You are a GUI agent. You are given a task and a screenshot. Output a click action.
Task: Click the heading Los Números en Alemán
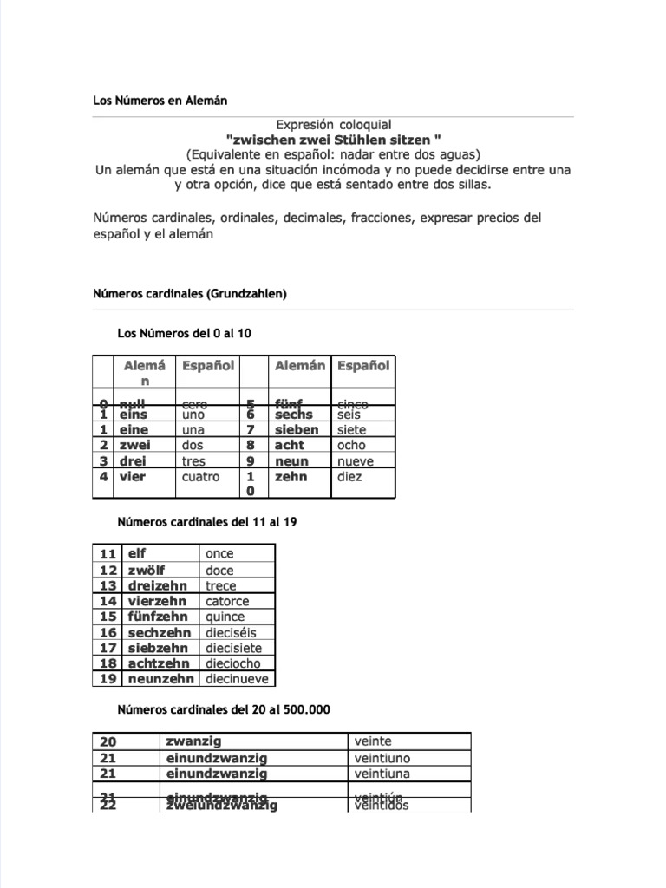tap(160, 101)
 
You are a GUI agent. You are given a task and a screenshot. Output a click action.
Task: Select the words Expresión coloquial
tap(333, 126)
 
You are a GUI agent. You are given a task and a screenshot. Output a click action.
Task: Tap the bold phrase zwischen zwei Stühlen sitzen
tap(333, 140)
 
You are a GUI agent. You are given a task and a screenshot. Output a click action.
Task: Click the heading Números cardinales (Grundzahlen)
tap(190, 294)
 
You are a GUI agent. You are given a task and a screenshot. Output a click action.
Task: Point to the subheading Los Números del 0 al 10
tap(185, 333)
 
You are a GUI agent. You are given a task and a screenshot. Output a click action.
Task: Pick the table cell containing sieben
tap(297, 430)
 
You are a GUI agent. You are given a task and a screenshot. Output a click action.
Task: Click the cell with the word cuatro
tap(201, 477)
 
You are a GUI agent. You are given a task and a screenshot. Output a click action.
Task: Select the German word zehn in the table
tap(291, 477)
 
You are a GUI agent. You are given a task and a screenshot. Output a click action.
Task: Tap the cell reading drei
tap(134, 461)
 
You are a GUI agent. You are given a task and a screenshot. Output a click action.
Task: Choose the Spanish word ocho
tap(351, 446)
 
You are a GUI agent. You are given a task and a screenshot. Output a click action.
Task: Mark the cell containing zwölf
tap(147, 570)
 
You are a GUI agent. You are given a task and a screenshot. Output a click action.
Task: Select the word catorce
tap(227, 601)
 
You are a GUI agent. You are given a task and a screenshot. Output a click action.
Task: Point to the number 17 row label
tap(108, 648)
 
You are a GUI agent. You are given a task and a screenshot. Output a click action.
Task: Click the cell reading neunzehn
tap(160, 679)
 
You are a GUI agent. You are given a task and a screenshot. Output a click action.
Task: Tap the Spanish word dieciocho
tap(232, 663)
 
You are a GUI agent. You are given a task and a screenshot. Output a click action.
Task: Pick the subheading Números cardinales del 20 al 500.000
tap(224, 709)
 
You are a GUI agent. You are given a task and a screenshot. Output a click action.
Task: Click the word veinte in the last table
tap(373, 741)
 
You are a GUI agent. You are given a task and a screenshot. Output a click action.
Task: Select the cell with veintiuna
tap(382, 774)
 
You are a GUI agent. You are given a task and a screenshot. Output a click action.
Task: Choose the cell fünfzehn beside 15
tap(160, 617)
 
